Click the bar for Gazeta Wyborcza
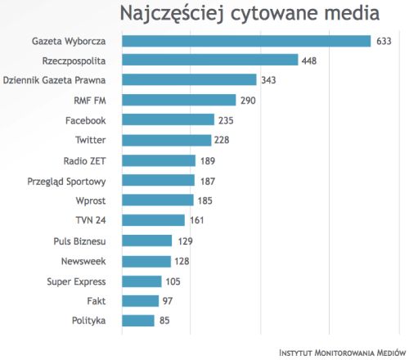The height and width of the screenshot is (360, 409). (x=246, y=41)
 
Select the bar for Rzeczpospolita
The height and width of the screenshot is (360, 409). (x=209, y=61)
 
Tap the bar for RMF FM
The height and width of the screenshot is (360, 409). (x=178, y=101)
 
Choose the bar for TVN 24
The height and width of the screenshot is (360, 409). (x=153, y=220)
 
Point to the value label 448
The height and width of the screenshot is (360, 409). (x=311, y=61)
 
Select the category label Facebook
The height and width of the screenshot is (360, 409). (x=85, y=120)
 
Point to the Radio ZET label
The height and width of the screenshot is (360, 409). (x=84, y=160)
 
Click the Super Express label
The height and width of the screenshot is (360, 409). (x=76, y=281)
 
